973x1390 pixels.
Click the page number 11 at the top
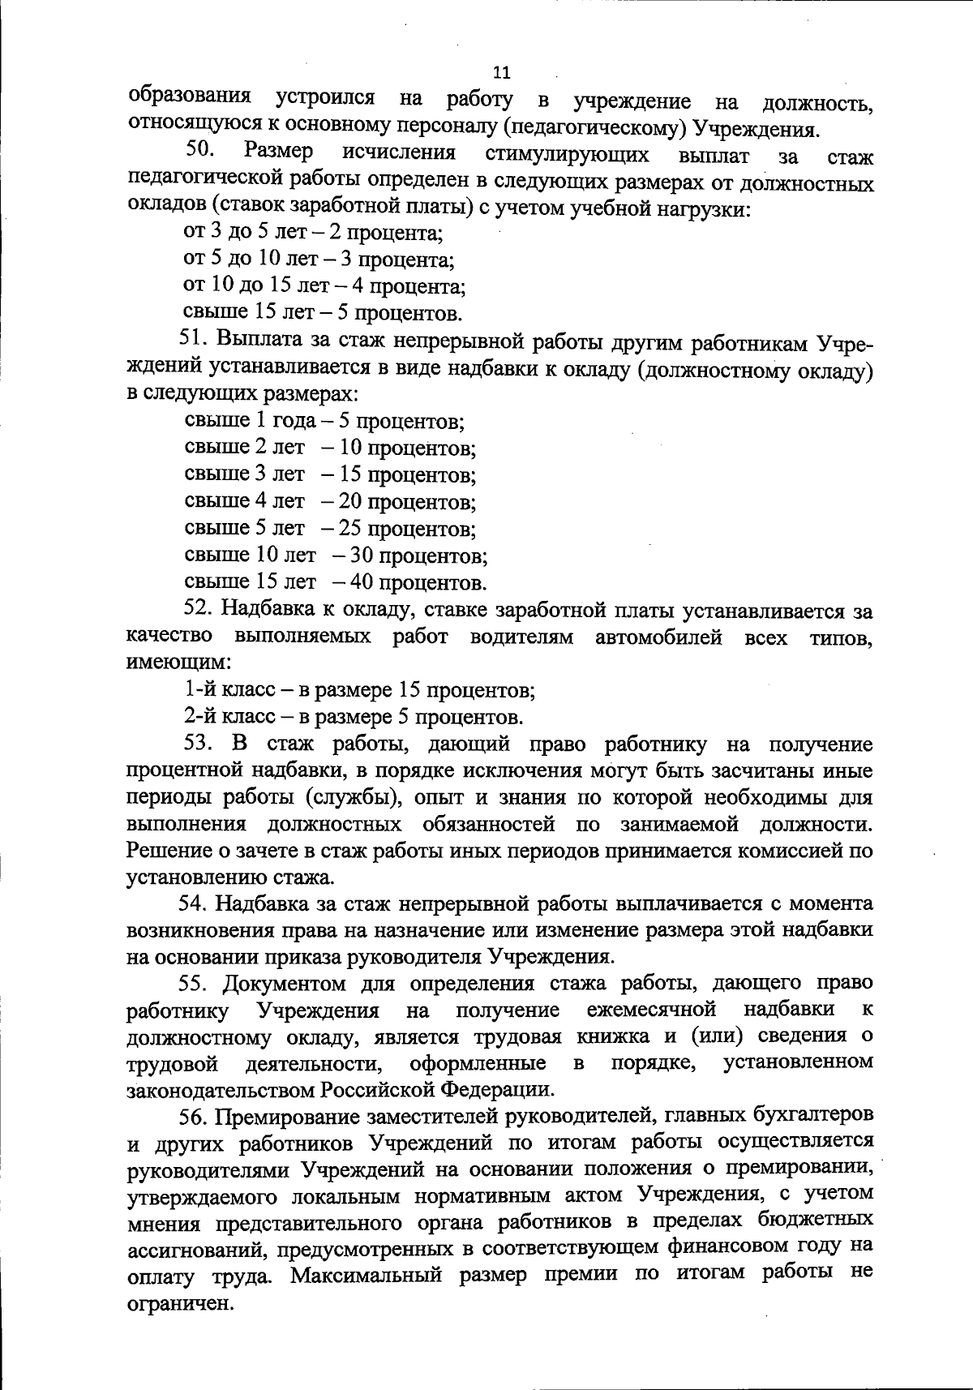click(501, 73)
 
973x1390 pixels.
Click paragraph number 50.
click(199, 151)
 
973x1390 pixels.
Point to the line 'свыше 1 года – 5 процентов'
click(324, 422)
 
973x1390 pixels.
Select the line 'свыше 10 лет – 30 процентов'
click(336, 556)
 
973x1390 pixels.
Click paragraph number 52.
click(199, 610)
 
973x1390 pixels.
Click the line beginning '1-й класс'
click(359, 691)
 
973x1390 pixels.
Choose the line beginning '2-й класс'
click(354, 718)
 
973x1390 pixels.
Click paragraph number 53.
click(199, 744)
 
